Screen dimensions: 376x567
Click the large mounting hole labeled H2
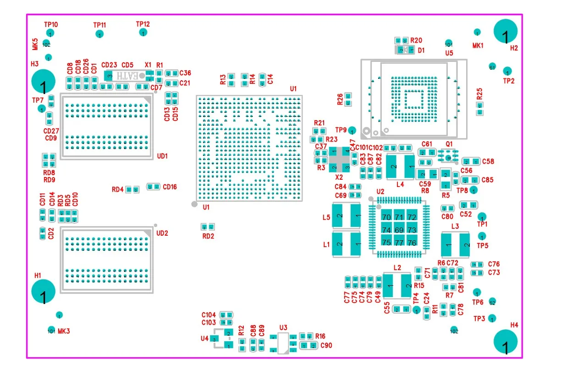pos(506,32)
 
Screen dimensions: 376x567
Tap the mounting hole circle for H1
pos(43,292)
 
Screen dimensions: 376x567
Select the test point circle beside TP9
pos(352,130)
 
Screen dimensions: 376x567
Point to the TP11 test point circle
pos(99,34)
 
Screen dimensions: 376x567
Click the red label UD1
pos(162,156)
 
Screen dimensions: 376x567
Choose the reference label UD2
pos(162,233)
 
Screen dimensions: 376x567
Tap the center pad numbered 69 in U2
pos(399,230)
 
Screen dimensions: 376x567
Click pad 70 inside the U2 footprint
pos(386,217)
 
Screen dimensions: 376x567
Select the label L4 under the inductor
pos(400,184)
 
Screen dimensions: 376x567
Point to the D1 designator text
pos(421,50)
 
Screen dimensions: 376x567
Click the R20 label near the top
pos(416,40)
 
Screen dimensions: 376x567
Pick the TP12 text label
pos(143,24)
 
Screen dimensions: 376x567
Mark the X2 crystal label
pos(339,177)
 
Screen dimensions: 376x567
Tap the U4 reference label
pos(204,338)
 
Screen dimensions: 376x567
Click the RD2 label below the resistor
pos(208,236)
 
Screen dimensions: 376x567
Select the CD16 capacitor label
pos(170,187)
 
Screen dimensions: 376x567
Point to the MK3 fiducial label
pos(64,331)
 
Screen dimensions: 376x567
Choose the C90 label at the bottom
pos(326,345)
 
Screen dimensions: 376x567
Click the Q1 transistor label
pos(449,144)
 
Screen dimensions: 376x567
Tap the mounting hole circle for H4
pos(506,342)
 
